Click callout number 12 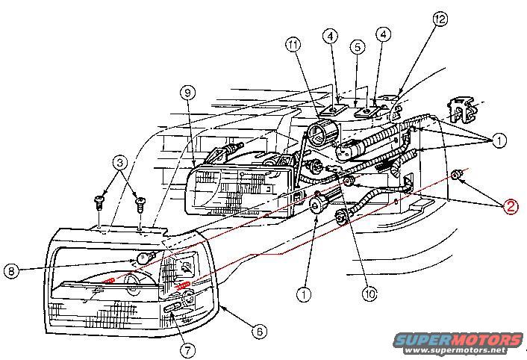point(440,18)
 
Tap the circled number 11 point(294,46)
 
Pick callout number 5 point(358,46)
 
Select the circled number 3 point(119,162)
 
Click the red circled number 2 point(509,206)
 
